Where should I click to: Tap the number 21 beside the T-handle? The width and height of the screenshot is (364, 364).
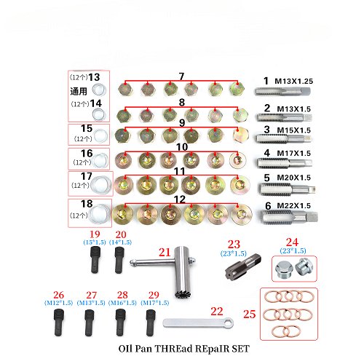coord(165,252)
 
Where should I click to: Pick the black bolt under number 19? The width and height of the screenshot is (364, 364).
coord(95,258)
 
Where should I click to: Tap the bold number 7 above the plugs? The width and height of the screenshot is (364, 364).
coord(181,76)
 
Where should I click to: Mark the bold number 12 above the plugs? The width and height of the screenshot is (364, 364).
coord(180,199)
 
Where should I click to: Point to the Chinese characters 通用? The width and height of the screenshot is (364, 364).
coord(79,90)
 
